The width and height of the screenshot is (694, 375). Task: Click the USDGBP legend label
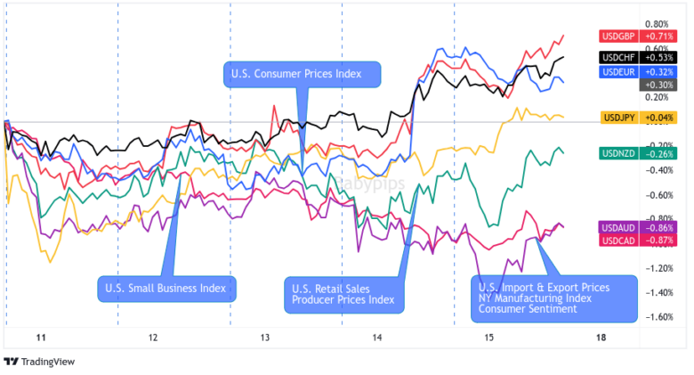coord(618,37)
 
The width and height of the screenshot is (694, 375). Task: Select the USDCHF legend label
coord(618,58)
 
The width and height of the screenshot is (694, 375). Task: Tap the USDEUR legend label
coord(618,71)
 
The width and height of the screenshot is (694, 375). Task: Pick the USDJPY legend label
coord(618,118)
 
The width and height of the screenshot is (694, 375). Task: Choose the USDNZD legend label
coord(618,153)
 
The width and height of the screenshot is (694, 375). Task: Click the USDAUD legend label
coord(618,228)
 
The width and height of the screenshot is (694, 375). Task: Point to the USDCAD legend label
coord(618,240)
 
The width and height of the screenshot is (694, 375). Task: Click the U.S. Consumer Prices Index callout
coord(302,74)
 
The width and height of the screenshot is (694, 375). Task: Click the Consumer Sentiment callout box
coord(554,298)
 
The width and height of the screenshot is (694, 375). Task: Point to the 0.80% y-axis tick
coord(657,24)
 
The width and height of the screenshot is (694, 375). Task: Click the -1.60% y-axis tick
coord(657,317)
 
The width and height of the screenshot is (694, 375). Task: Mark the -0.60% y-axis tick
coord(657,195)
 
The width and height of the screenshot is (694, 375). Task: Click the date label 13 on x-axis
coord(265,338)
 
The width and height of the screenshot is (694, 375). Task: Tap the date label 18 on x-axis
coord(601,338)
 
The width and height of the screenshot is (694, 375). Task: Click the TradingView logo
coord(39,362)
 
